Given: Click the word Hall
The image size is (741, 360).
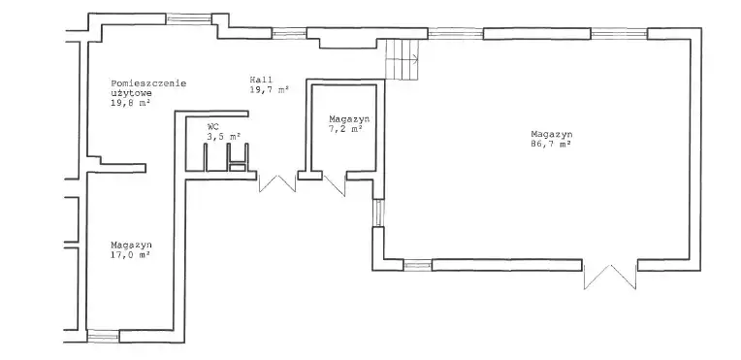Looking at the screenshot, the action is (x=261, y=80).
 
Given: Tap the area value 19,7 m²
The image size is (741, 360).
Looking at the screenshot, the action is (x=270, y=89).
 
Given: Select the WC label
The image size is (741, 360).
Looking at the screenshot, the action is (x=212, y=127).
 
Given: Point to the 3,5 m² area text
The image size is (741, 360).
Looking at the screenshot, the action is (x=224, y=136).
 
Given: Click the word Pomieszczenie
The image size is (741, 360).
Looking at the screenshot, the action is (x=148, y=83).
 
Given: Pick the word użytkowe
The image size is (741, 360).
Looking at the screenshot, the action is (x=131, y=93).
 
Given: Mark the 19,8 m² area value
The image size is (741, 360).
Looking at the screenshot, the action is (x=130, y=103).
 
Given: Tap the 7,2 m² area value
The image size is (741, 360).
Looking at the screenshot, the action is (x=346, y=128).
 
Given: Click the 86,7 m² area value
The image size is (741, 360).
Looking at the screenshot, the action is (x=551, y=145).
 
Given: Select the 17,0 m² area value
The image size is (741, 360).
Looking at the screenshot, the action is (x=130, y=254).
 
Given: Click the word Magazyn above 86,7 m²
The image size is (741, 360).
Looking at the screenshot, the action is (x=552, y=134).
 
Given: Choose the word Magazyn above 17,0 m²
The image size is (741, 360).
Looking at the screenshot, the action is (x=131, y=245).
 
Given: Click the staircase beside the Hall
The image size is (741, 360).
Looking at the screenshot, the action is (x=403, y=59).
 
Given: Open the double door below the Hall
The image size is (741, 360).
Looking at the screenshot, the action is (x=277, y=183).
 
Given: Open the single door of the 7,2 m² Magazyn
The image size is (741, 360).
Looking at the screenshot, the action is (x=335, y=185).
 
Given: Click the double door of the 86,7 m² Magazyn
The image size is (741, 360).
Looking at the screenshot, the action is (x=610, y=277).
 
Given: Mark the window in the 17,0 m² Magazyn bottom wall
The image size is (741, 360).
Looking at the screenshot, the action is (x=103, y=336).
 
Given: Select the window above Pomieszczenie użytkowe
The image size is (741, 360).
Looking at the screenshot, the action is (x=188, y=19).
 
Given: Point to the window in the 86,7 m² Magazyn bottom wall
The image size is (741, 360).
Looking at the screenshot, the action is (x=418, y=265).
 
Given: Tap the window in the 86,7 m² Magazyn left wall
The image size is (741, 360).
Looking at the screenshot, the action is (x=378, y=213).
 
